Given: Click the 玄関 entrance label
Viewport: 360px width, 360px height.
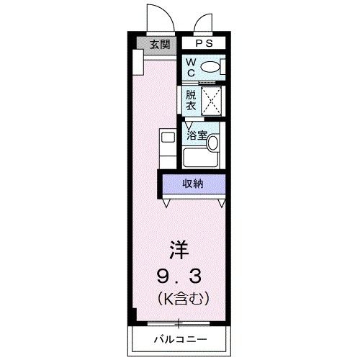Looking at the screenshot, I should pyautogui.click(x=160, y=45).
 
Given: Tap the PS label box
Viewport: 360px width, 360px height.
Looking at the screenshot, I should pyautogui.click(x=204, y=43).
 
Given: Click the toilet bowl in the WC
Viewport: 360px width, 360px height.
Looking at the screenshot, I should pyautogui.click(x=212, y=67).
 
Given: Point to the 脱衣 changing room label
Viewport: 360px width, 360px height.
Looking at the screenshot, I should pyautogui.click(x=191, y=99).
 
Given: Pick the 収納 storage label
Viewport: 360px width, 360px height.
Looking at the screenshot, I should pyautogui.click(x=192, y=184).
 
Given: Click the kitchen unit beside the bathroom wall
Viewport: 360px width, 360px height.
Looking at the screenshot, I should pyautogui.click(x=167, y=147).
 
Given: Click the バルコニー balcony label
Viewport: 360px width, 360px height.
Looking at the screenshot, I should pyautogui.click(x=179, y=339).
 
